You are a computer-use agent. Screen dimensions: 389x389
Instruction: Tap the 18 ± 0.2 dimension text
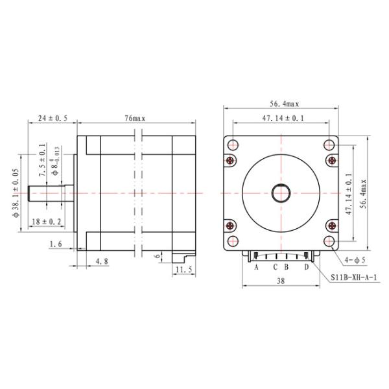tap(47, 222)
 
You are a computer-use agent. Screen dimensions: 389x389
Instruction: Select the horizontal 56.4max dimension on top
tap(281, 103)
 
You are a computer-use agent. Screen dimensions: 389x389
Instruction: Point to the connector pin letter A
tap(257, 266)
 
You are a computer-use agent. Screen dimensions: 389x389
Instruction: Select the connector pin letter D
tap(307, 266)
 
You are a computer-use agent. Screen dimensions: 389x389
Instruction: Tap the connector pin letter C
tap(275, 266)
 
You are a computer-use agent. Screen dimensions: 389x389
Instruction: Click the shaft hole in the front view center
tap(281, 193)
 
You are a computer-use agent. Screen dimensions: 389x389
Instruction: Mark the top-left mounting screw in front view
tap(231, 160)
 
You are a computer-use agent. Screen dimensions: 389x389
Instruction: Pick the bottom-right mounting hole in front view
tap(331, 242)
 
